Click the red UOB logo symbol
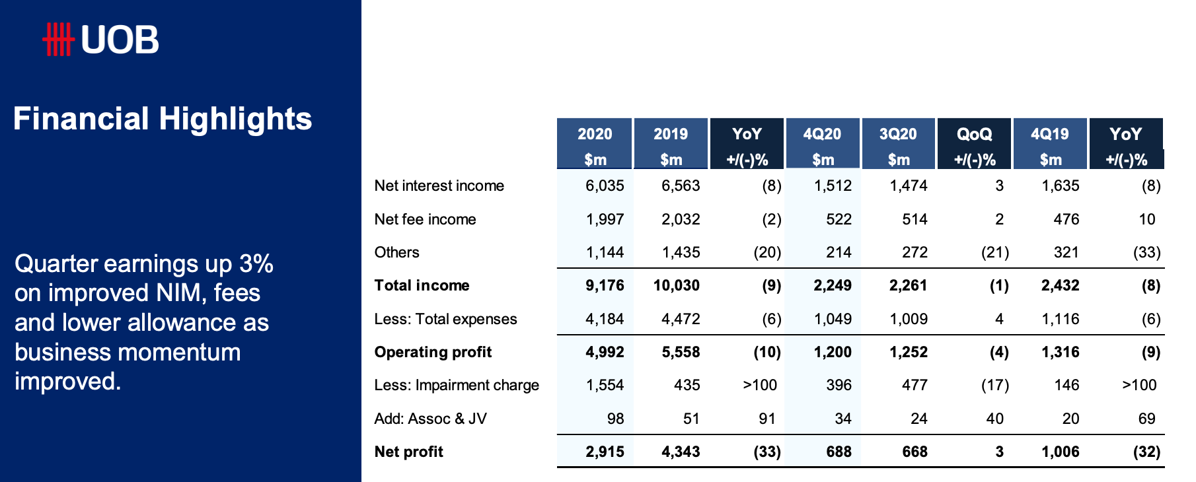58,40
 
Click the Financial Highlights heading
163,120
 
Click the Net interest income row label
439,186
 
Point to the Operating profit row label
433,352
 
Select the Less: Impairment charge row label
457,385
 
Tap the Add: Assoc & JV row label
430,419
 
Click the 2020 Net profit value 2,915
605,452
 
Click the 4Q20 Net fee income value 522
839,219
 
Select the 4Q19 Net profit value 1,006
1061,452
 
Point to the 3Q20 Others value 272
915,252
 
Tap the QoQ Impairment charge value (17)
995,385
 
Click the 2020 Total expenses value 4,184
605,319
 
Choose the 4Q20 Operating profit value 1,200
833,352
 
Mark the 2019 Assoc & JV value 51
691,419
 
